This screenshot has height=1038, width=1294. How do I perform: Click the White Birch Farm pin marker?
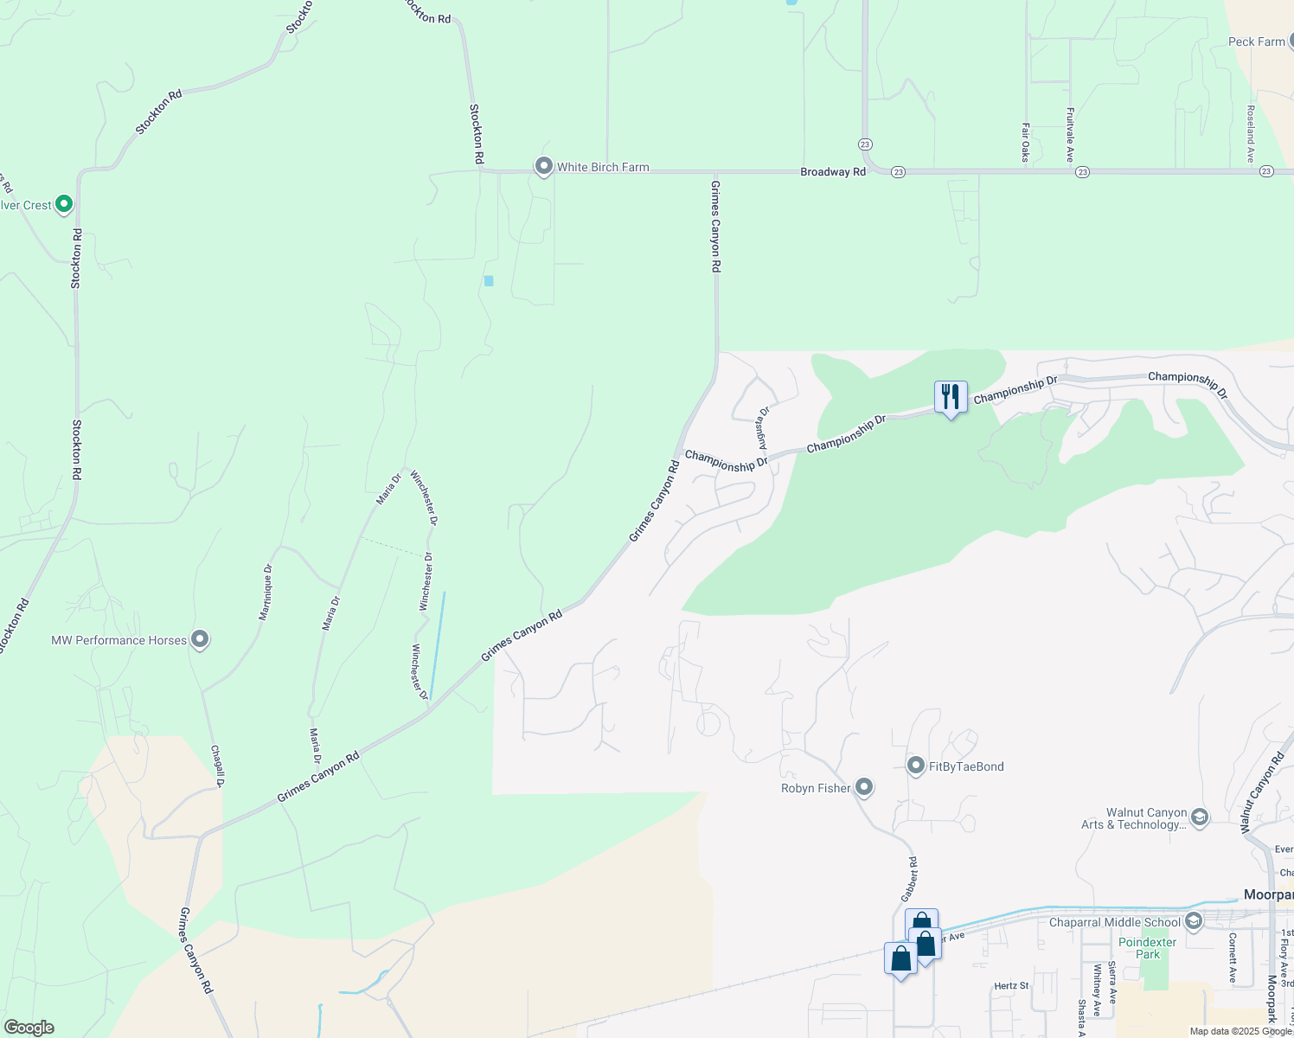pyautogui.click(x=543, y=166)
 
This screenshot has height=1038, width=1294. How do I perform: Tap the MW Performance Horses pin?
pyautogui.click(x=200, y=640)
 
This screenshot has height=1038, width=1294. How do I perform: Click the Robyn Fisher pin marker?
pyautogui.click(x=864, y=787)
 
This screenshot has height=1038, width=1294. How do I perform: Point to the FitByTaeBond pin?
pyautogui.click(x=915, y=766)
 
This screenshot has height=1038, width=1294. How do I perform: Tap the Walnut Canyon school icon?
pyautogui.click(x=1199, y=817)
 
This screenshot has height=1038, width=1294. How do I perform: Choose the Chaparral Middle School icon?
pyautogui.click(x=1194, y=921)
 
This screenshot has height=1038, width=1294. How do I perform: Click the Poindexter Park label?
pyautogui.click(x=1148, y=948)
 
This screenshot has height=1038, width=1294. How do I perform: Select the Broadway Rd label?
pyautogui.click(x=832, y=172)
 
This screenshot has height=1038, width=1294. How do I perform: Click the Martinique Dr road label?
pyautogui.click(x=266, y=593)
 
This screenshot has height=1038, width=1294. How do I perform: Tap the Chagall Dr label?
pyautogui.click(x=217, y=766)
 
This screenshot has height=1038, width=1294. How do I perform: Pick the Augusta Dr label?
pyautogui.click(x=763, y=429)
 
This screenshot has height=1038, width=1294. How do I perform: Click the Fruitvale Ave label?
pyautogui.click(x=1070, y=135)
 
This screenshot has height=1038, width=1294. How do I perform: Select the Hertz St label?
pyautogui.click(x=1011, y=985)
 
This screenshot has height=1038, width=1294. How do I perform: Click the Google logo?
pyautogui.click(x=29, y=1028)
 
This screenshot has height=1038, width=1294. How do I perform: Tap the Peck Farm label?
pyautogui.click(x=1256, y=42)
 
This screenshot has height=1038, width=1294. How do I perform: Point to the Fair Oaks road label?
pyautogui.click(x=1025, y=142)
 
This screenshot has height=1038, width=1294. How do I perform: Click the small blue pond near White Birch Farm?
pyautogui.click(x=489, y=280)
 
